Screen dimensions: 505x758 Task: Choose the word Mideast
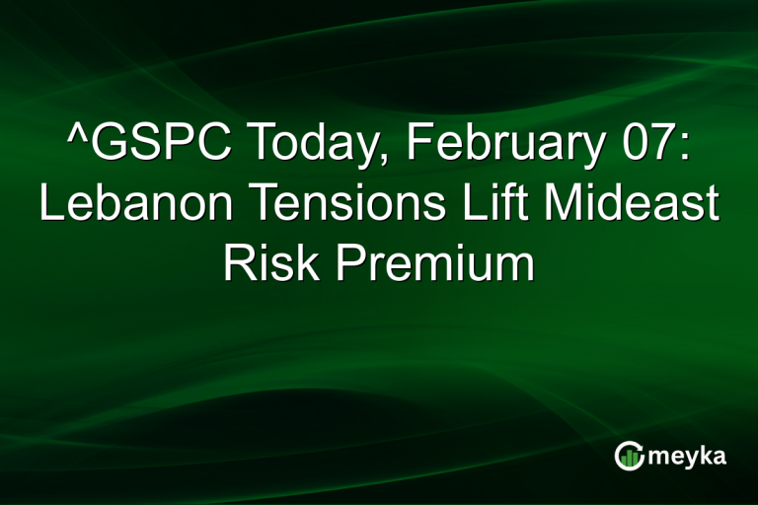[x=636, y=205]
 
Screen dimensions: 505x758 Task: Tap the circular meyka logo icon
[x=628, y=455]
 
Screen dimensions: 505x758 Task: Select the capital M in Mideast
[x=570, y=205]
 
